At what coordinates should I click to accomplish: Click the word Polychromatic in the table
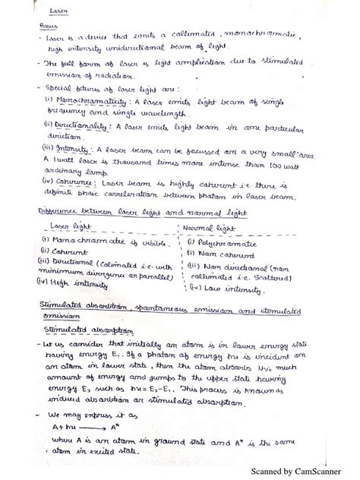pos(225,241)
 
